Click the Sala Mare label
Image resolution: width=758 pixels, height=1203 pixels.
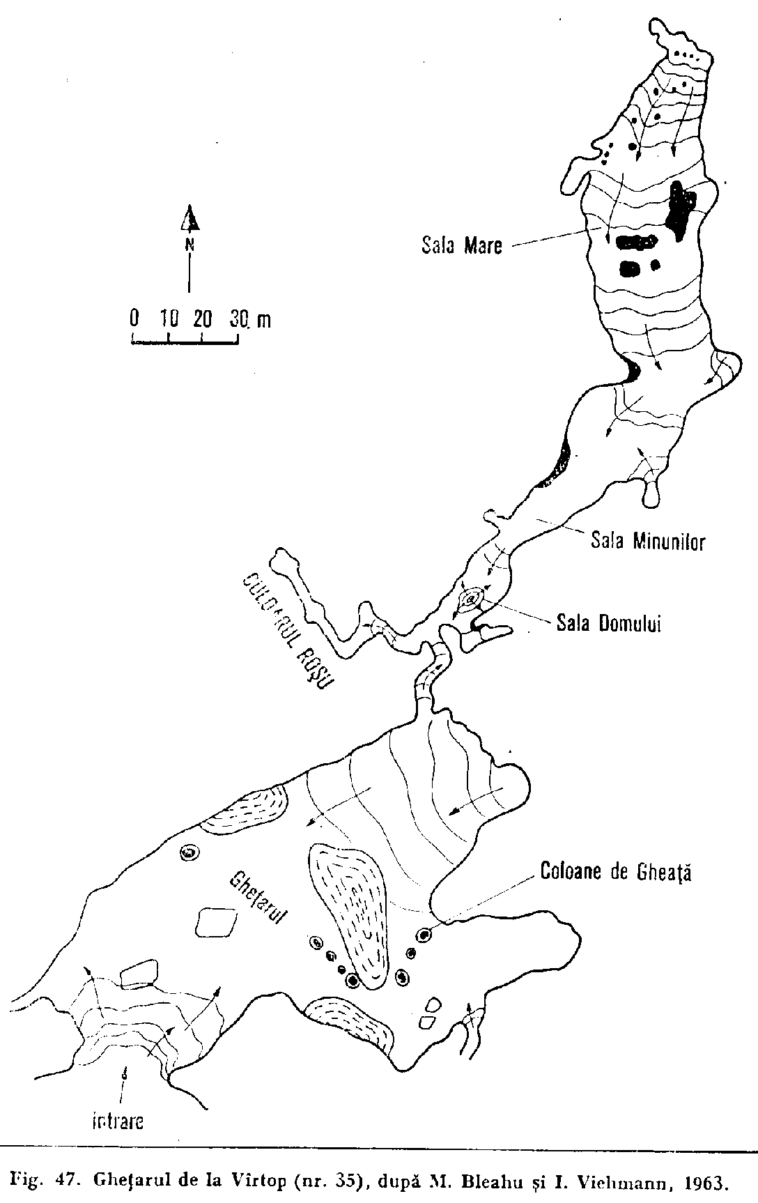(461, 246)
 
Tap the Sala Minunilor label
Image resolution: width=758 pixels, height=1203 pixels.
(648, 541)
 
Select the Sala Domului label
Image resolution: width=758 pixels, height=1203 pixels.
(608, 622)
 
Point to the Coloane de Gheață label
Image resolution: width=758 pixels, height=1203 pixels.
(616, 873)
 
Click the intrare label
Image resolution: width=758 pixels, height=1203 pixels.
(118, 1122)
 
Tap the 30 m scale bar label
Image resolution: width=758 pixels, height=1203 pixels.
(249, 319)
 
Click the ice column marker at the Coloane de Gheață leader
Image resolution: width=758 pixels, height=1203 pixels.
(423, 935)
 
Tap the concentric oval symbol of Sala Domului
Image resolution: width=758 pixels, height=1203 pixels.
(472, 599)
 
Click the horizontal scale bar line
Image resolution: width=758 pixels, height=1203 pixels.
(185, 342)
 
